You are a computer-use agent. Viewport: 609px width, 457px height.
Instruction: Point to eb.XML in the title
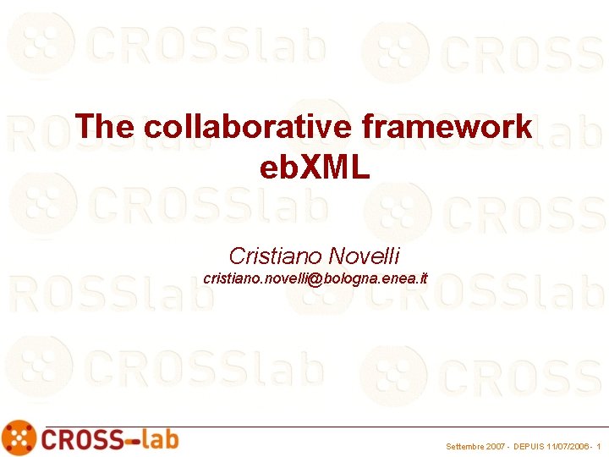(x=315, y=168)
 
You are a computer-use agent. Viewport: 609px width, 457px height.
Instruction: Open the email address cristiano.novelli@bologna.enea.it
(x=315, y=278)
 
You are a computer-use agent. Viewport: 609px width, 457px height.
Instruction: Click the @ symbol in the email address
(x=316, y=278)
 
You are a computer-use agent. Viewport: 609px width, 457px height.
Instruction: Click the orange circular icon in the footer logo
(x=19, y=438)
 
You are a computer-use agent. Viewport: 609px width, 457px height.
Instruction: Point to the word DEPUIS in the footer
(x=531, y=446)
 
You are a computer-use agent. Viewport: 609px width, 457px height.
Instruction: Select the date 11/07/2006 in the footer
(x=568, y=446)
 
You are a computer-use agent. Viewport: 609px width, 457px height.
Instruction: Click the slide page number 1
(x=599, y=446)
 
